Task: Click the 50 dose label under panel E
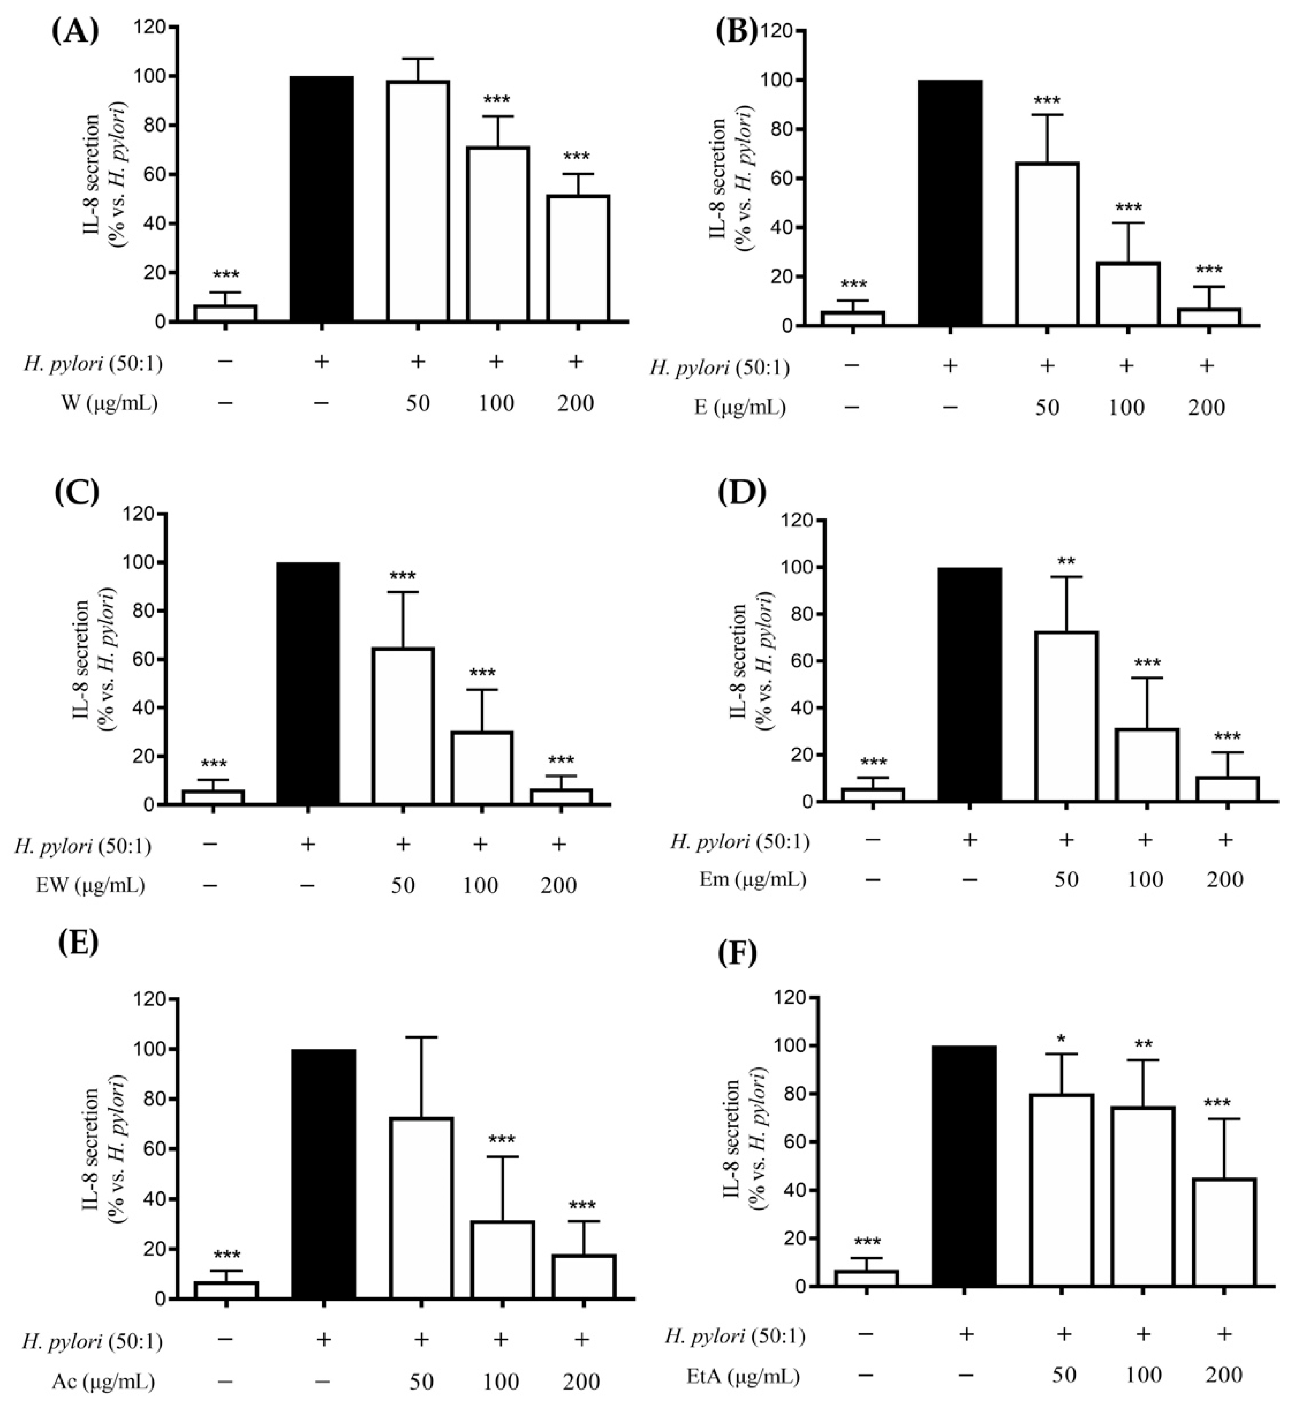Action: pyautogui.click(x=421, y=1382)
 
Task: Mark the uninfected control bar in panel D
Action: pyautogui.click(x=872, y=795)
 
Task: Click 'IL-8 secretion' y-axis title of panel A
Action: pyautogui.click(x=93, y=175)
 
